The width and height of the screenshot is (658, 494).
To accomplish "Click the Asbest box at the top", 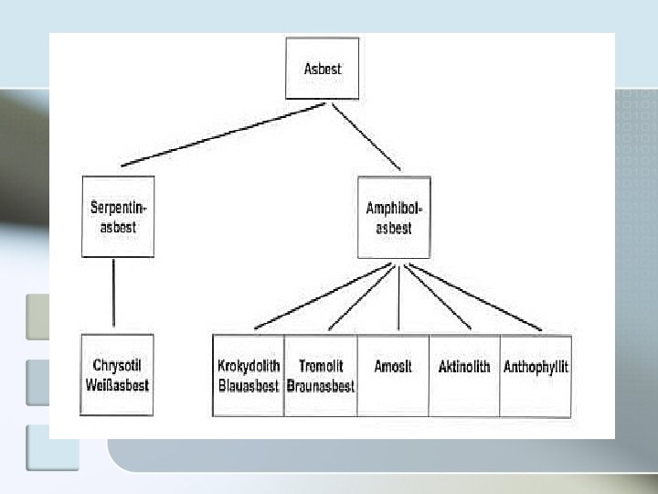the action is tap(323, 69).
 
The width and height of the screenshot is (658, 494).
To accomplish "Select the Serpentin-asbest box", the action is tap(118, 218).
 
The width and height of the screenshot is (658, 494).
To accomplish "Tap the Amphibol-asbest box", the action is tap(394, 218).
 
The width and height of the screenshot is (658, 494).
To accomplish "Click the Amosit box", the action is tap(393, 375).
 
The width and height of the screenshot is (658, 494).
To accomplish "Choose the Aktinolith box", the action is tap(464, 375).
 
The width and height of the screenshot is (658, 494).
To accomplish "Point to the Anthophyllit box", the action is tap(536, 375).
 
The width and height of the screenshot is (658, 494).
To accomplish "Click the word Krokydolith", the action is tap(249, 367).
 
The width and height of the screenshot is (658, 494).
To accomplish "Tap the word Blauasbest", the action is tap(249, 386).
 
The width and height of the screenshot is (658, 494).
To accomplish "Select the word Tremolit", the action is tap(320, 367).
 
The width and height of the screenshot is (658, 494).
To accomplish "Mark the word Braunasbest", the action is tap(320, 386).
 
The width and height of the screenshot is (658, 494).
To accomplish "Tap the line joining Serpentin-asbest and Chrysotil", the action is tap(113, 293).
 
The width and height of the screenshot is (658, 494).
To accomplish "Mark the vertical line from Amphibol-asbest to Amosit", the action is tap(398, 296).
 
